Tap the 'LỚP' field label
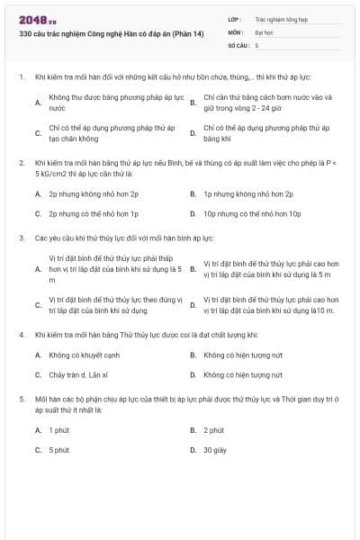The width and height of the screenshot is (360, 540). click(x=235, y=18)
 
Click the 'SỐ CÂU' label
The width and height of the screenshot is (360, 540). click(x=238, y=44)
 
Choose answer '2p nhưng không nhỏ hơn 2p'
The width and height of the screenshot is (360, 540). click(x=94, y=193)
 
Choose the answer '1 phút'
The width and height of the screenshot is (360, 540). click(x=58, y=430)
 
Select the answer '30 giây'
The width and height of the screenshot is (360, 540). click(x=213, y=450)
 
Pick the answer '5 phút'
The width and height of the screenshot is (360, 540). click(x=58, y=450)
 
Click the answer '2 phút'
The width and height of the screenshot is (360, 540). click(x=213, y=430)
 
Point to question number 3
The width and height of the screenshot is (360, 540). click(x=21, y=238)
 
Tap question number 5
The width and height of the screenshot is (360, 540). click(x=21, y=396)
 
